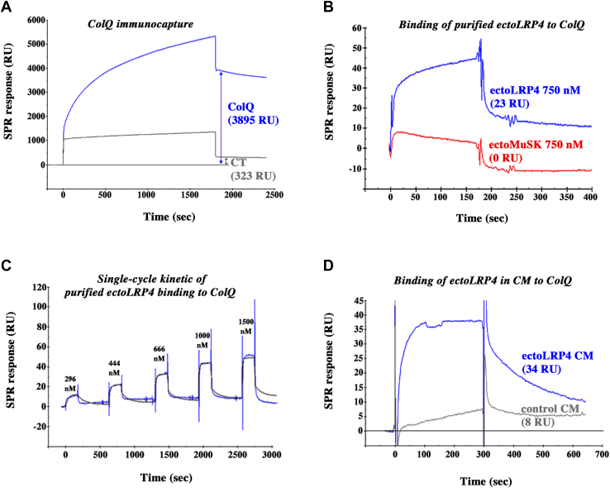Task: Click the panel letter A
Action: (x=7, y=7)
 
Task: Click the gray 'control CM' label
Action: (x=548, y=409)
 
